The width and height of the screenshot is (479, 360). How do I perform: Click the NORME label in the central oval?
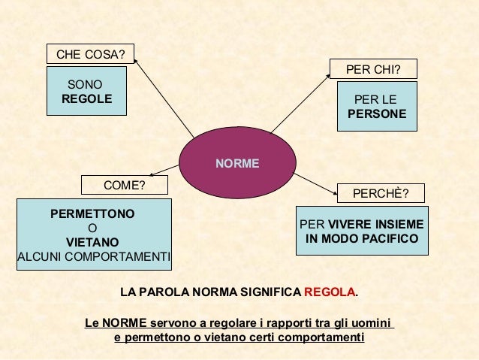click(x=237, y=163)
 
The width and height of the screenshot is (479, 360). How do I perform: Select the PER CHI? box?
click(x=373, y=70)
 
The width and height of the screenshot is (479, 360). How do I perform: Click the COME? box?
click(x=124, y=185)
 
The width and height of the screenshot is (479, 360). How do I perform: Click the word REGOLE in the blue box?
click(x=87, y=99)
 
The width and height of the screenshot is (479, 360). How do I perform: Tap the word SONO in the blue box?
click(x=85, y=85)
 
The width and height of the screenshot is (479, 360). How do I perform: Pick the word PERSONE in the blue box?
click(x=377, y=114)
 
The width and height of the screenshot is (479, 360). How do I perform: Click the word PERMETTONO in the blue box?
click(x=92, y=214)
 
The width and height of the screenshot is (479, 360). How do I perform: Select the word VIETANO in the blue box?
click(x=92, y=243)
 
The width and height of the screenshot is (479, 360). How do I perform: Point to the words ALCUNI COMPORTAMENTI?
click(x=94, y=257)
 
